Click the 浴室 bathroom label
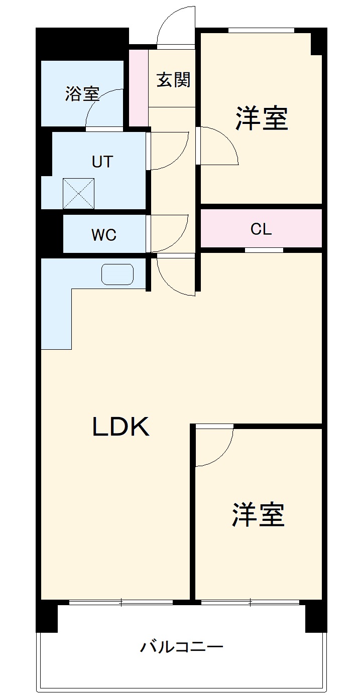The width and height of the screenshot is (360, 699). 82,94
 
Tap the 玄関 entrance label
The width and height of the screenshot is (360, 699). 173,80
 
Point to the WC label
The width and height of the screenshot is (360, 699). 104,234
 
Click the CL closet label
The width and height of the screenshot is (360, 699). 261,229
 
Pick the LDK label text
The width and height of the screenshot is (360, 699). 121,427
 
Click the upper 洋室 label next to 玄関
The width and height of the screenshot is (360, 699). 262,118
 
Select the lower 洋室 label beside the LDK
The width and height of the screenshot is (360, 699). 258,515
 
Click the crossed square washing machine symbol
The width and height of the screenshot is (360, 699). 78,193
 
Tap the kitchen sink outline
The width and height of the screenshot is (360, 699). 117,274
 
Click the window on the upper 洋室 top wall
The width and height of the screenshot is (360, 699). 261,30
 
